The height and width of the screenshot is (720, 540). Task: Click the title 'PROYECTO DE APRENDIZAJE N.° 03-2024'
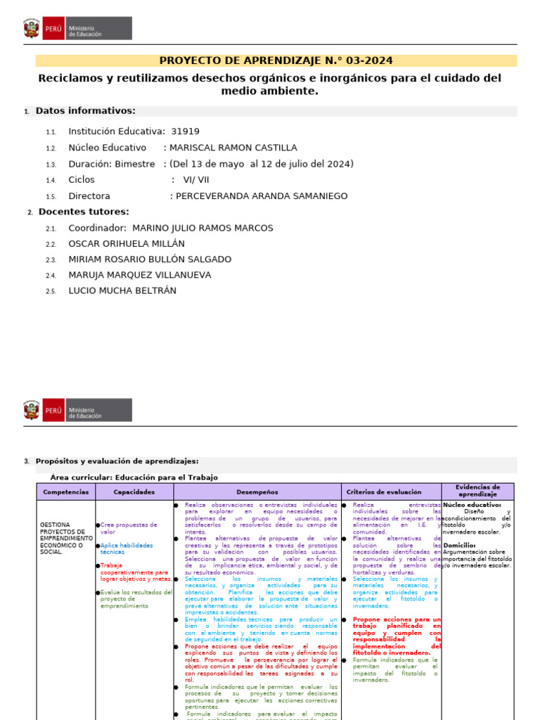[276, 61]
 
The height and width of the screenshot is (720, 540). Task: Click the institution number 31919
[186, 131]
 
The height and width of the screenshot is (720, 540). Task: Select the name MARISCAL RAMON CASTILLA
[233, 148]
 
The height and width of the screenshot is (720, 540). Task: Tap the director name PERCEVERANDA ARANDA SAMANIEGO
[261, 196]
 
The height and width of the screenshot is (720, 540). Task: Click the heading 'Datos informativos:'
[85, 111]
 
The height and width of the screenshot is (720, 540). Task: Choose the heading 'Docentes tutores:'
[84, 212]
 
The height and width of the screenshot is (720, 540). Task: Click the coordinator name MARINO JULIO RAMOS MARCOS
[202, 228]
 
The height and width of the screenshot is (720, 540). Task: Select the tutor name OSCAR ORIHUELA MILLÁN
[127, 244]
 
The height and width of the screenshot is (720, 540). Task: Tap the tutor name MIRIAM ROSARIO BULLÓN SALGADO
[150, 259]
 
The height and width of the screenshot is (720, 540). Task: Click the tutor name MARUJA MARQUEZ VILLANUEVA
[139, 275]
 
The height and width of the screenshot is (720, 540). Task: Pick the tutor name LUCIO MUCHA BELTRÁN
[122, 290]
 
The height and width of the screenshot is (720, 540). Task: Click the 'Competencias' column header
[65, 492]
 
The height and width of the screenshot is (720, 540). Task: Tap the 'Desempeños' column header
[257, 492]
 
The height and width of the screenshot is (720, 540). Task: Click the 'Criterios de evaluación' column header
[384, 492]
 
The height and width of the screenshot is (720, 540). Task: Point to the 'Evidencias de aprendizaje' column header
[477, 491]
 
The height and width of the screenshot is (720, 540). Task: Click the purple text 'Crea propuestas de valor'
[128, 528]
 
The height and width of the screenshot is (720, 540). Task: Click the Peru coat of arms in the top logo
[32, 29]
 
